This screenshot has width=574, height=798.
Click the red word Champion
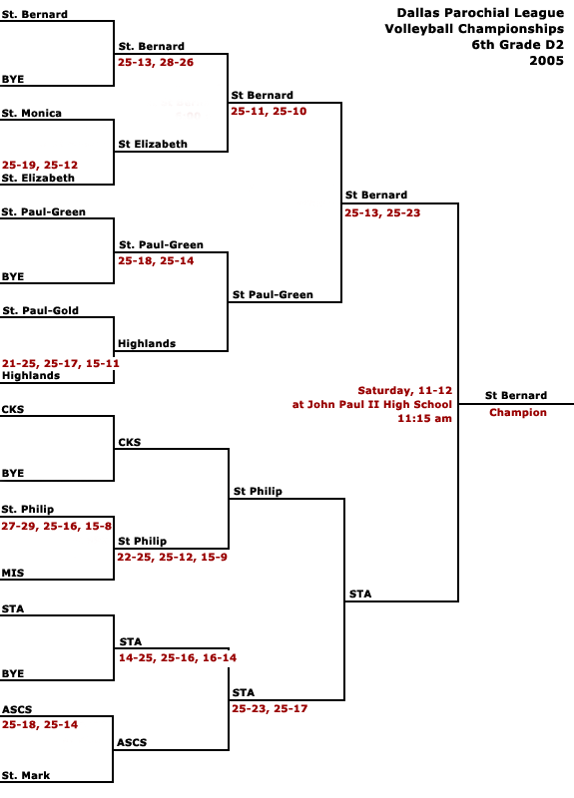[x=518, y=412]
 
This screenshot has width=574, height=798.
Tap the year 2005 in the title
[x=546, y=61]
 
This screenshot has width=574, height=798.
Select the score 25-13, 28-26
[x=156, y=63]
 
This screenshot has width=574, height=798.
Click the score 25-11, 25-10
[x=269, y=112]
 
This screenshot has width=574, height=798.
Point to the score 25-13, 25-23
[x=382, y=213]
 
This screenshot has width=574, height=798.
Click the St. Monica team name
[x=32, y=113]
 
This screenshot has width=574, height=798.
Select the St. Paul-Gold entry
[x=40, y=310]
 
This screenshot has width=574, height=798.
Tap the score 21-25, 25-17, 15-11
[x=61, y=363]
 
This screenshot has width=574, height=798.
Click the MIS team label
[x=13, y=573]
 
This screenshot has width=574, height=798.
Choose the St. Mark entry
[x=26, y=776]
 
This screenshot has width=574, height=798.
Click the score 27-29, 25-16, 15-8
[x=57, y=527]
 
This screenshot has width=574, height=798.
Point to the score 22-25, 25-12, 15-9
[x=172, y=558]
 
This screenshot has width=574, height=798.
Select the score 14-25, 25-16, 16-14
[x=178, y=658]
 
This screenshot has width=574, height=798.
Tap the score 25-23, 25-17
[x=270, y=709]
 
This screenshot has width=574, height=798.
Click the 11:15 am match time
[x=425, y=418]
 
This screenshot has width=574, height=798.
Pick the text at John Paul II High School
[x=372, y=405]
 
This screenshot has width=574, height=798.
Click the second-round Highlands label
[x=147, y=343]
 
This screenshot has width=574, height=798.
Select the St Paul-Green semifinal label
[x=273, y=294]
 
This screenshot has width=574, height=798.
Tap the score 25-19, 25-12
[x=40, y=165]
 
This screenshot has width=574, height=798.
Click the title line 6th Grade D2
[x=518, y=45]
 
